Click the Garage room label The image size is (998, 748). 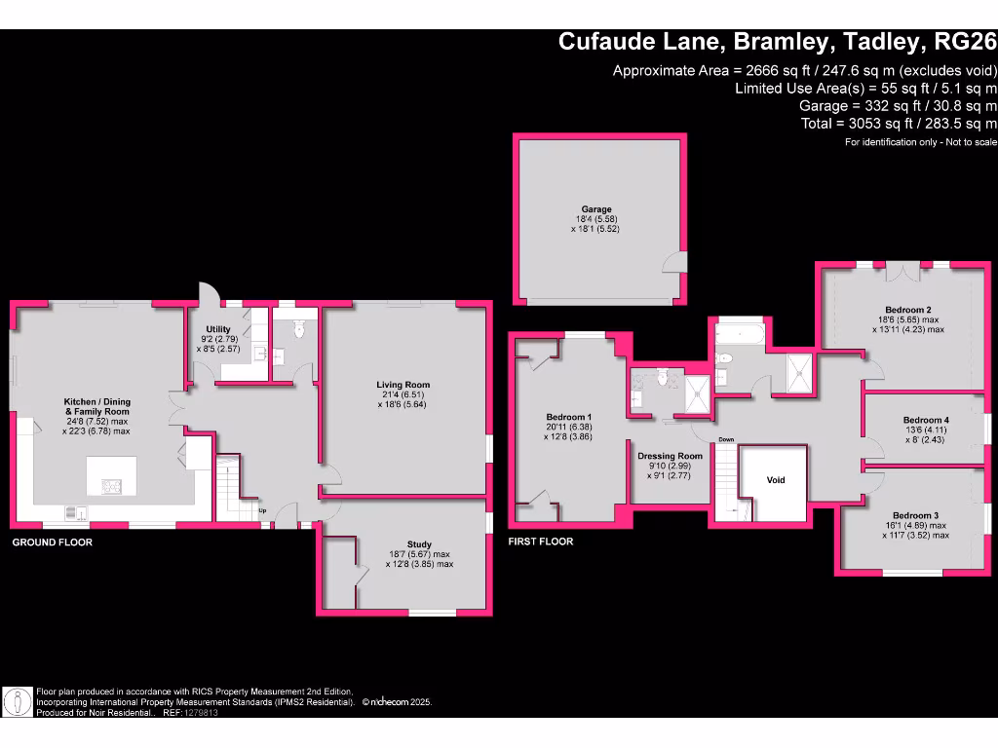pos(596,209)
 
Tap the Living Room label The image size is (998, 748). pos(403,385)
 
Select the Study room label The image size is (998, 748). pos(419,544)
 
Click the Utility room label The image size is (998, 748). pos(217,329)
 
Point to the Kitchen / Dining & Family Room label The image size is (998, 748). pos(96,401)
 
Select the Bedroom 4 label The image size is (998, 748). pos(926,420)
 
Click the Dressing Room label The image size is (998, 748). pos(670,456)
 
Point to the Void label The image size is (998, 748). pos(776,480)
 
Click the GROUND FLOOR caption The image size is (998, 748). pos(52,542)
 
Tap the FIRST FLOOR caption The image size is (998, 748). pos(541,542)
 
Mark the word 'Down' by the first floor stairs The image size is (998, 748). pos(726,439)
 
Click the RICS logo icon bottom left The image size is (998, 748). pos(17,700)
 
